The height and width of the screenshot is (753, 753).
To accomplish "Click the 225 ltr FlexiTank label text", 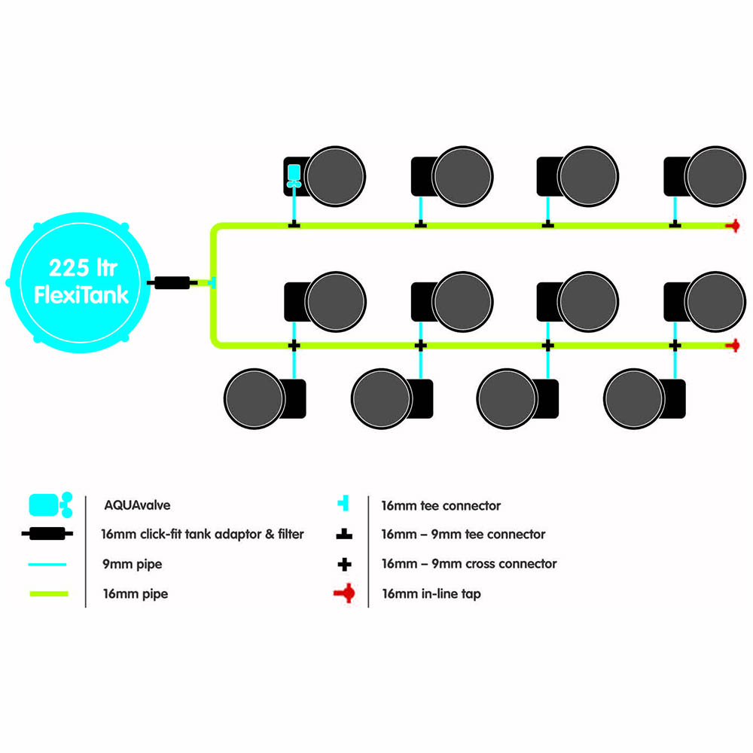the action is [x=81, y=282].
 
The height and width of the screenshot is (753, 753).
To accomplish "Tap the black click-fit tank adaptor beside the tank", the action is [x=172, y=282].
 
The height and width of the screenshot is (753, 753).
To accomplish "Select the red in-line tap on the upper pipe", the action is [x=733, y=225].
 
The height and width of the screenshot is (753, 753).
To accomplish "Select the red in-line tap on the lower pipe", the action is [x=733, y=346].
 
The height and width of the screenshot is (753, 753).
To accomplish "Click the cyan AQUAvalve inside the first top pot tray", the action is [x=294, y=175].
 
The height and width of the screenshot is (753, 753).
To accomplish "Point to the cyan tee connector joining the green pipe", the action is [x=212, y=282].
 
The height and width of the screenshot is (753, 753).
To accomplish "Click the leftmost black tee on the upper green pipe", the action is [x=294, y=224].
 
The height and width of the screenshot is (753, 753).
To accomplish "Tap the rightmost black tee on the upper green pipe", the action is [x=675, y=224].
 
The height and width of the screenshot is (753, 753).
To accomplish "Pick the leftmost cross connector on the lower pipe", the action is [x=294, y=346].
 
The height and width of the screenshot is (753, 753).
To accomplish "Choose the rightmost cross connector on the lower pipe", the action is [x=675, y=346].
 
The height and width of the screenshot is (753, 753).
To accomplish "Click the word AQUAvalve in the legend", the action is [x=137, y=505].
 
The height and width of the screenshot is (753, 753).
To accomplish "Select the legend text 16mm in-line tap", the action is [x=431, y=594].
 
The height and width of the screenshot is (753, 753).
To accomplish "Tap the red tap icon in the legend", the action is [x=344, y=593].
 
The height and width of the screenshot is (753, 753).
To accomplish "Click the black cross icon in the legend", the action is [x=344, y=564].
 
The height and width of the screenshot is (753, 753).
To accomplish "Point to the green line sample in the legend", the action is [x=49, y=594].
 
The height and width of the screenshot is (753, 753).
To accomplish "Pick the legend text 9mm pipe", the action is [x=132, y=564].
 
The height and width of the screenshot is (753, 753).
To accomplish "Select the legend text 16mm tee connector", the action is [x=441, y=506].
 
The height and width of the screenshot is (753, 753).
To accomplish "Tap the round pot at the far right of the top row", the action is [x=715, y=176].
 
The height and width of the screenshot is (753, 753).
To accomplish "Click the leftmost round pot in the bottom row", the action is [x=255, y=398].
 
